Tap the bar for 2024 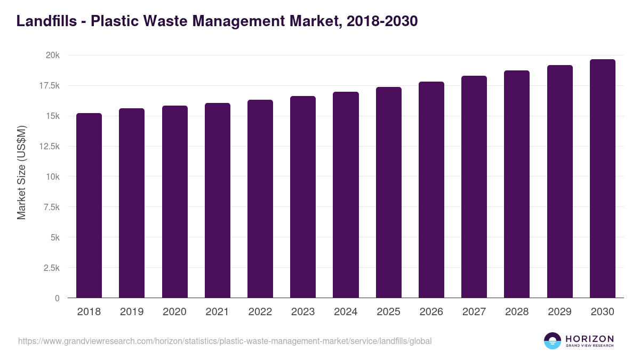tap(346, 195)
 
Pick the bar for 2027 tap(474, 187)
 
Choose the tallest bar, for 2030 tap(602, 179)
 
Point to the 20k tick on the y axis tap(52, 55)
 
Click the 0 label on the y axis tap(57, 298)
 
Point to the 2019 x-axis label tap(132, 312)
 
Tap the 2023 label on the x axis tap(303, 312)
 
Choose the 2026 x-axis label tap(431, 312)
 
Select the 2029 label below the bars tap(559, 312)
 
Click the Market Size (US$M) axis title tap(22, 172)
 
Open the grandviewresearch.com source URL tap(225, 341)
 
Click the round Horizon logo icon tap(553, 341)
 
